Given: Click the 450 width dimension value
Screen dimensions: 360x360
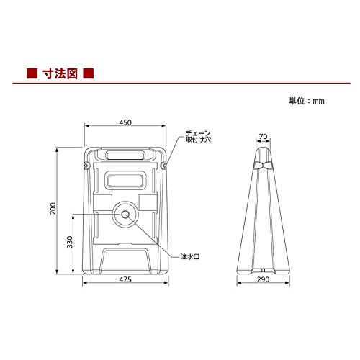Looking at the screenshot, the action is click(125, 122).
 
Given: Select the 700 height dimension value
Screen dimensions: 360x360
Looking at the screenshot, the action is click(53, 209).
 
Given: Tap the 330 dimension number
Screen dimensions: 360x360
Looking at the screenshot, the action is click(70, 242).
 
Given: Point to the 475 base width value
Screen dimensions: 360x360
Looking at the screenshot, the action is click(125, 279).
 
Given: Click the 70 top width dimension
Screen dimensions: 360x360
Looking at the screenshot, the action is click(263, 136).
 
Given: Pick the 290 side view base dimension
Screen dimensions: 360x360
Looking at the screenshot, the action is click(264, 279).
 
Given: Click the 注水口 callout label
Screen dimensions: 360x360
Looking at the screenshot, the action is click(190, 257).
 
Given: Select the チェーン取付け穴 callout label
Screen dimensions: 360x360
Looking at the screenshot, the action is click(198, 136).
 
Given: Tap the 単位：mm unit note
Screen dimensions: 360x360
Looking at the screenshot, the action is click(307, 101).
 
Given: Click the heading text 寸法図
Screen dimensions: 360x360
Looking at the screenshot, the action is click(60, 73).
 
